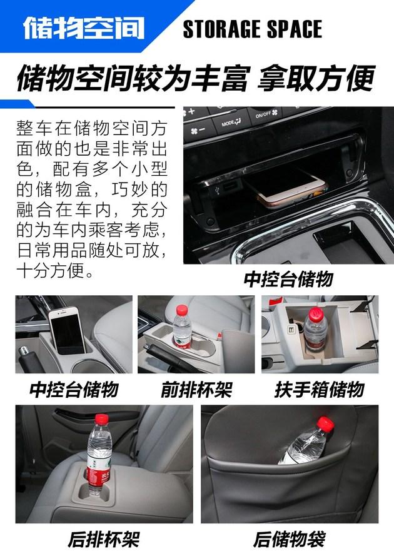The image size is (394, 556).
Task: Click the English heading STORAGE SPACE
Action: click(x=252, y=29)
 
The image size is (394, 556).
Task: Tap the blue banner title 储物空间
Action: click(x=84, y=28)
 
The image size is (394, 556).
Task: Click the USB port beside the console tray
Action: click(x=229, y=187)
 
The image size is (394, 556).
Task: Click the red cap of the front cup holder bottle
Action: click(x=182, y=310)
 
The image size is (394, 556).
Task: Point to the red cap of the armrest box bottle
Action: click(x=316, y=315)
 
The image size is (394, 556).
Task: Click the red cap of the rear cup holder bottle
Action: click(x=101, y=419)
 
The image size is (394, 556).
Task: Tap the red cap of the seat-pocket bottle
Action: click(x=325, y=424)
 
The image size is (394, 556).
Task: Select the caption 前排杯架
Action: click(x=196, y=390)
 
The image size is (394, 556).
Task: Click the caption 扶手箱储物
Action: click(x=320, y=390)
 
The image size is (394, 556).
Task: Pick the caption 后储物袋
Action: click(x=290, y=539)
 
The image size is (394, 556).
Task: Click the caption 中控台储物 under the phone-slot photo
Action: click(x=74, y=390)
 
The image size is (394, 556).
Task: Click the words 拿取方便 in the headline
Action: click(x=316, y=78)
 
